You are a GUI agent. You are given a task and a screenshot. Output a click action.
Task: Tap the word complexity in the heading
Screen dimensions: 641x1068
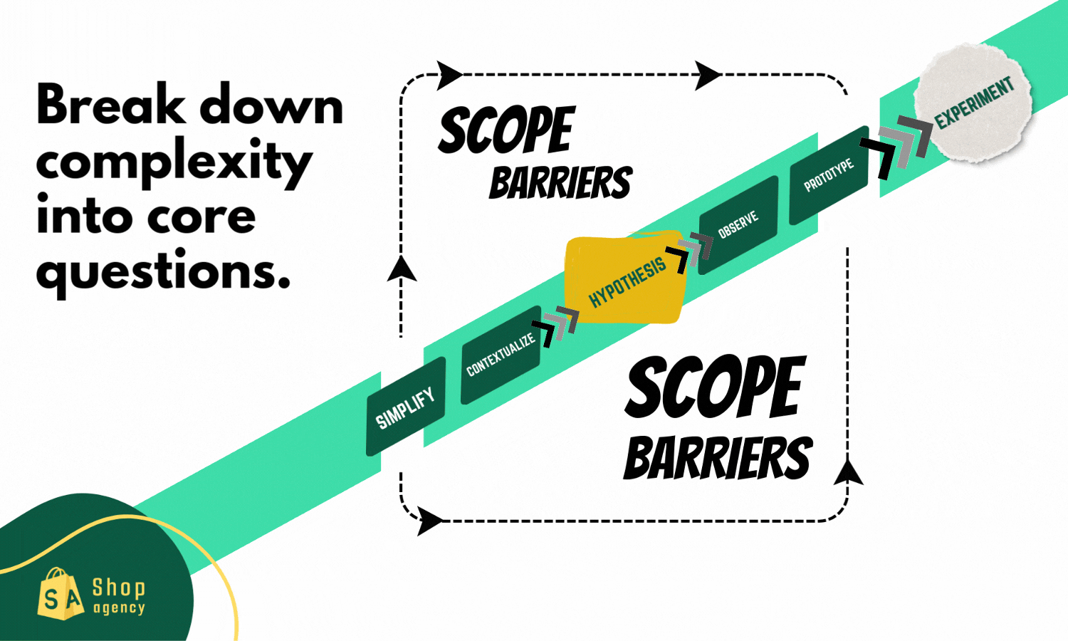pos(174,162)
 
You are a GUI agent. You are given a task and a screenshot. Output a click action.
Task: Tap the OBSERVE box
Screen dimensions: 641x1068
pos(738,225)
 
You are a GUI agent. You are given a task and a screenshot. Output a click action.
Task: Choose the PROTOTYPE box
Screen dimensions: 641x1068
pos(829,175)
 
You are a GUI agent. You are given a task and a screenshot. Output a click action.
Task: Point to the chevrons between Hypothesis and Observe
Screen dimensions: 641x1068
pos(690,252)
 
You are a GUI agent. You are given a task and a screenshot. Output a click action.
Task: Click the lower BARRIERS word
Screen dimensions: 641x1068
pos(717,458)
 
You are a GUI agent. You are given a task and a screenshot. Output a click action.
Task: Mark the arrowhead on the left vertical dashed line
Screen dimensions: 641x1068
pos(402,269)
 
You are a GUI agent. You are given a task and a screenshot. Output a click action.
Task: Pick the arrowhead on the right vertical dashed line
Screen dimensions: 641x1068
pos(847,472)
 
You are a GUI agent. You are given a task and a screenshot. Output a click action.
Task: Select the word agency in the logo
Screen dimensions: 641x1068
pos(119,608)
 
